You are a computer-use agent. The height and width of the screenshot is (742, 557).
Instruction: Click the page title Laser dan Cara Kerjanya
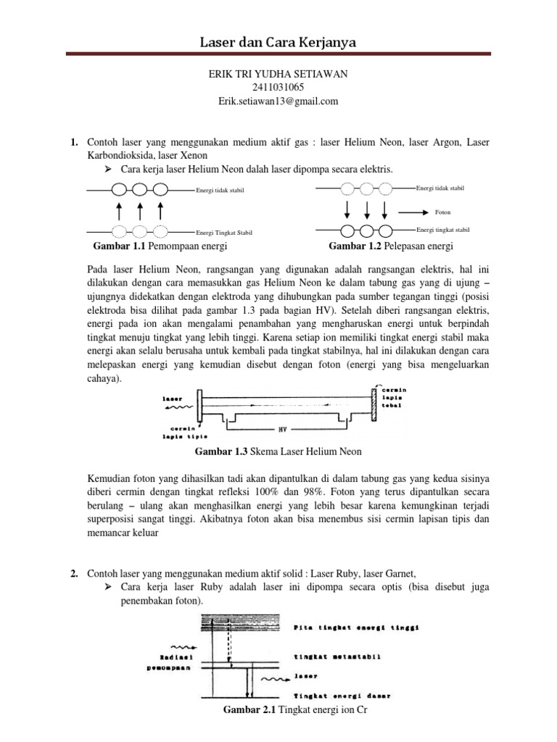[x=278, y=42]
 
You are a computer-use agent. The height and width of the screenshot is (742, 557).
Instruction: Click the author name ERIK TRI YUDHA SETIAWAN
[x=278, y=75]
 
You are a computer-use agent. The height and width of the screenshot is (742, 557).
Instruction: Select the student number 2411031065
[x=278, y=88]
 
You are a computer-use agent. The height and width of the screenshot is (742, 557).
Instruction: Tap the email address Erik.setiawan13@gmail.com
[x=278, y=101]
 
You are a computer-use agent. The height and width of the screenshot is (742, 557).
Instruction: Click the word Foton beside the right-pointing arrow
[x=442, y=213]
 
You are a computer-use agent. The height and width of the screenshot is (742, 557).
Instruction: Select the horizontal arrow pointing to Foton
[x=413, y=213]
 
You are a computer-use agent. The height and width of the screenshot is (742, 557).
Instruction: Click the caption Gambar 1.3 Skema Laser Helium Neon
[x=278, y=452]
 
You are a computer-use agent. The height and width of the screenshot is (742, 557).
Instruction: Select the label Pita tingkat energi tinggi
[x=358, y=628]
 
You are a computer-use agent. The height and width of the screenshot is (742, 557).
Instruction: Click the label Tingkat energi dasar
[x=342, y=696]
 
